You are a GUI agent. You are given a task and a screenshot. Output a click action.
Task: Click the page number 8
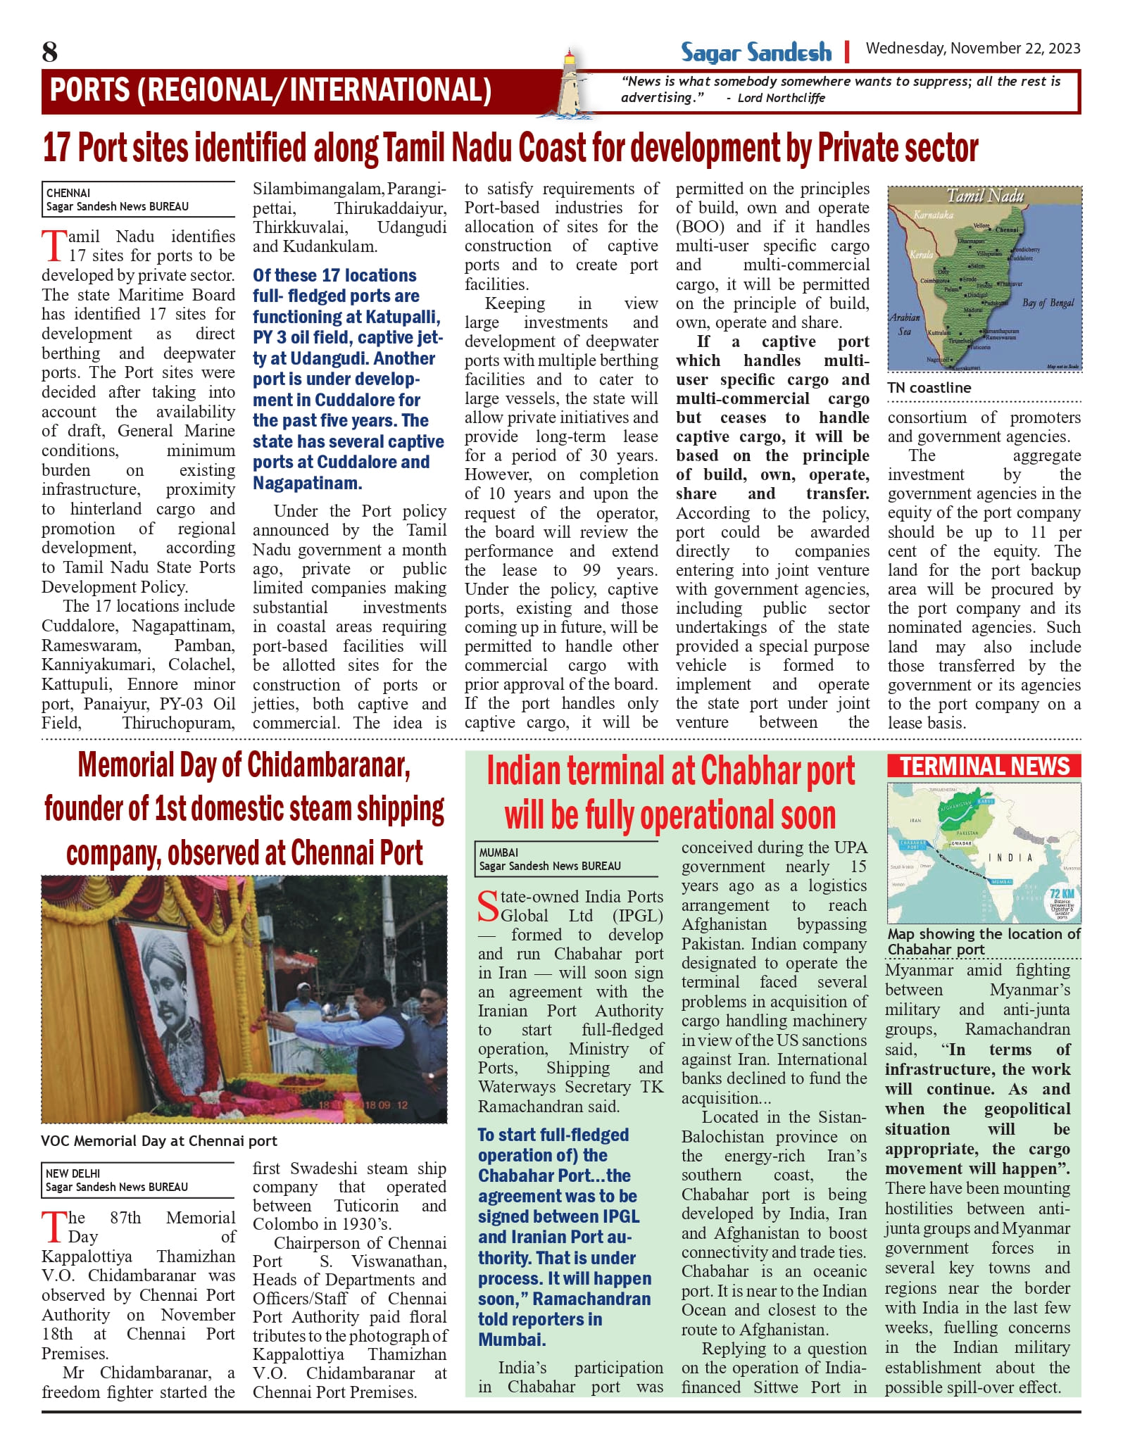pyautogui.click(x=50, y=52)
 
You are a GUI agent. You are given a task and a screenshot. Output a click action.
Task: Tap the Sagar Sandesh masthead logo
pyautogui.click(x=755, y=52)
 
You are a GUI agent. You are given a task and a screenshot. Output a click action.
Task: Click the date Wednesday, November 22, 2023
pyautogui.click(x=972, y=49)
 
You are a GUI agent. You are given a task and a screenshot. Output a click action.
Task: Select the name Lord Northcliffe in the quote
pyautogui.click(x=781, y=99)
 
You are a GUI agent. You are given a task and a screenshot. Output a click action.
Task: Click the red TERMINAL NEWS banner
pyautogui.click(x=984, y=766)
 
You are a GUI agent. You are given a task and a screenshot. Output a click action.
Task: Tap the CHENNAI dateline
pyautogui.click(x=68, y=193)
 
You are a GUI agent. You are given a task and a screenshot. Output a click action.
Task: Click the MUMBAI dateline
pyautogui.click(x=498, y=852)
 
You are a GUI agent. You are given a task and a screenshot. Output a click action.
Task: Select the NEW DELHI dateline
pyautogui.click(x=73, y=1173)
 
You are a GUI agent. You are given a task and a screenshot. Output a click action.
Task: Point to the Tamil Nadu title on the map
pyautogui.click(x=984, y=196)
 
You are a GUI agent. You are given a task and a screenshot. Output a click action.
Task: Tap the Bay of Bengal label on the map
pyautogui.click(x=1048, y=303)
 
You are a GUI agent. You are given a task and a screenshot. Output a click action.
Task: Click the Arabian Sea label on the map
pyautogui.click(x=905, y=325)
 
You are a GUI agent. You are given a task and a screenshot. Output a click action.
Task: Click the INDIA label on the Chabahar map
pyautogui.click(x=1010, y=857)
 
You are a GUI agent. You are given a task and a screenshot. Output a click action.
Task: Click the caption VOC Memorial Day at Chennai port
pyautogui.click(x=159, y=1141)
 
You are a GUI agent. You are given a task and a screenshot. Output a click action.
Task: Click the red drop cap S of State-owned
pyautogui.click(x=488, y=906)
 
